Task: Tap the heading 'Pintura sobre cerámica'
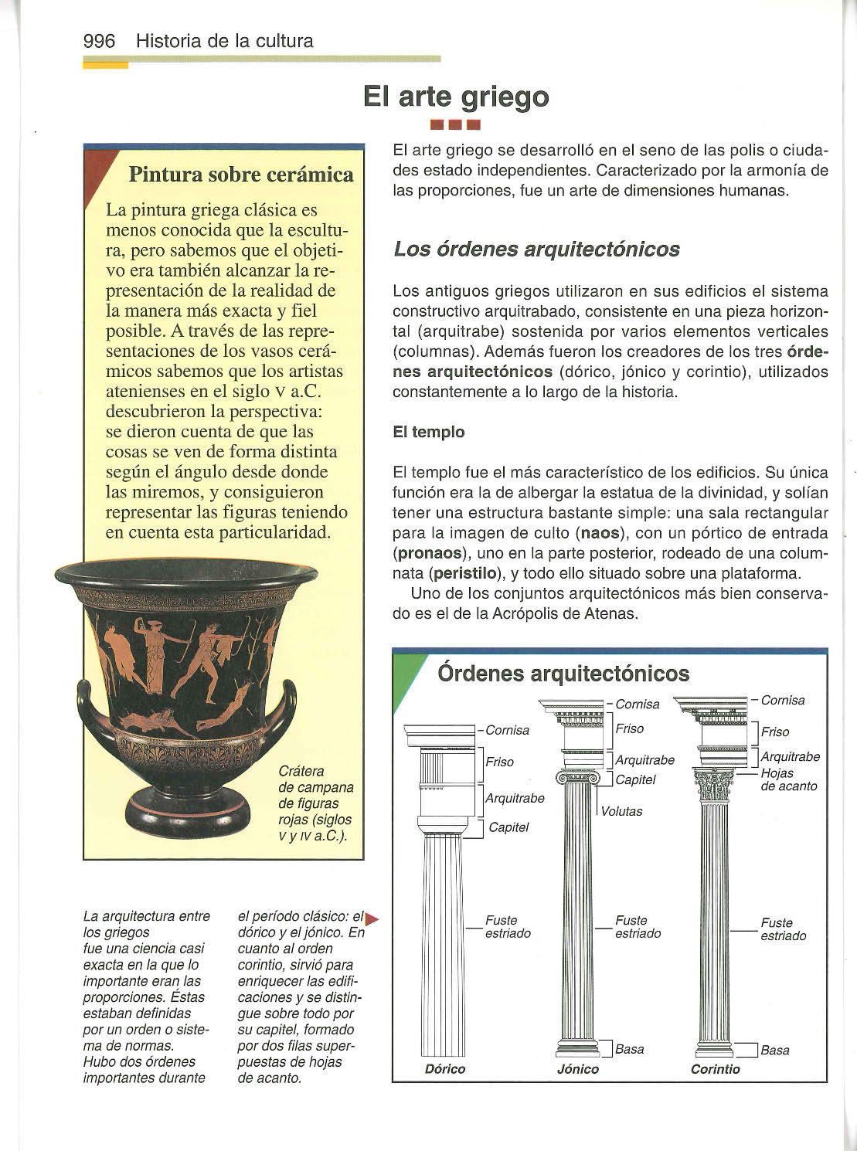click(240, 175)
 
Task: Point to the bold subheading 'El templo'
click(429, 432)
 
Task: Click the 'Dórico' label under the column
click(445, 1069)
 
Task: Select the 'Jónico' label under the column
click(578, 1069)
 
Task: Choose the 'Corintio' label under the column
click(715, 1069)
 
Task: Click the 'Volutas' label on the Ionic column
click(622, 811)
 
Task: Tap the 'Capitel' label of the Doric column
click(509, 827)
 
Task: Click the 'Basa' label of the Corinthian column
click(774, 1050)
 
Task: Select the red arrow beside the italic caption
click(372, 918)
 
